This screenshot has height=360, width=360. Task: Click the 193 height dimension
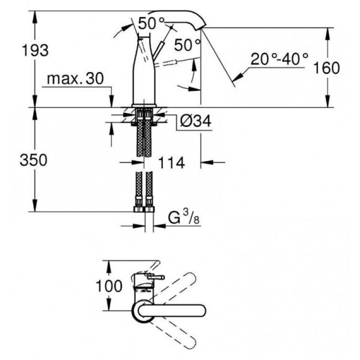click(35, 50)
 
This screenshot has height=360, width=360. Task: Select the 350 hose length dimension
click(33, 160)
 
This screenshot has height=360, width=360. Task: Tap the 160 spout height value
click(326, 68)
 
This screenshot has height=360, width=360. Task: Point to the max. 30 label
click(75, 78)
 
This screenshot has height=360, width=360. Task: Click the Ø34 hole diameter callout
click(195, 121)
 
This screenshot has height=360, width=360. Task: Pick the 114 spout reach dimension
click(171, 163)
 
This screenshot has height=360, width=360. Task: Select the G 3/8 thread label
click(184, 217)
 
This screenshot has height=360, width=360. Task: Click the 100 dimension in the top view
click(108, 286)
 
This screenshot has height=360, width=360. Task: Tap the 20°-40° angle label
click(279, 59)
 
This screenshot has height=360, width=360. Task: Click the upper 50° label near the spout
click(152, 23)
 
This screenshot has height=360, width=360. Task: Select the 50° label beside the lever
click(187, 45)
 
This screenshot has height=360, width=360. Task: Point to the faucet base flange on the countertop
click(144, 105)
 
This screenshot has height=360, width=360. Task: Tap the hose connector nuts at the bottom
click(144, 209)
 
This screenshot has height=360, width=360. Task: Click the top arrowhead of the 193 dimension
click(35, 17)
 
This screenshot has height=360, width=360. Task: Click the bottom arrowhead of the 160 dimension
click(328, 102)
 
